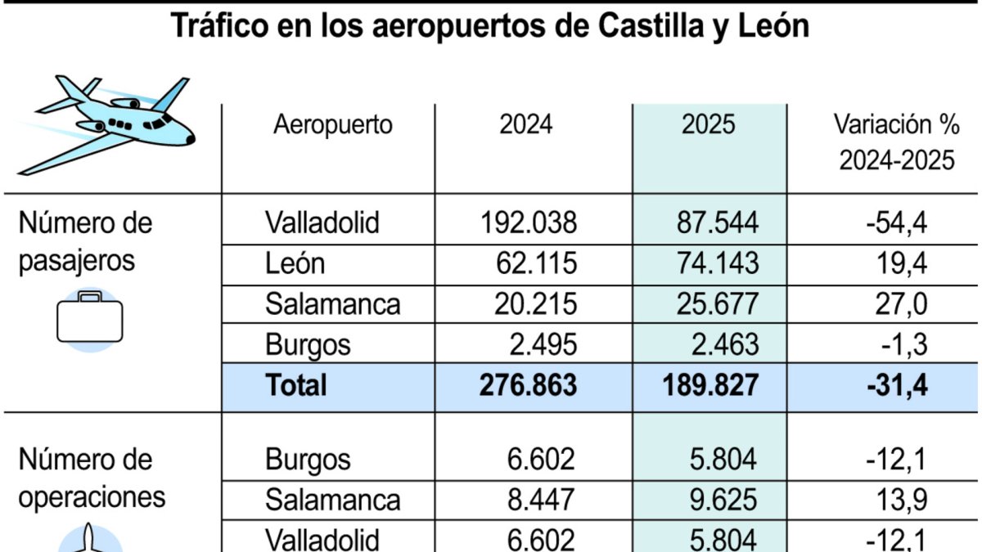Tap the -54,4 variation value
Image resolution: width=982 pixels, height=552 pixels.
(896, 222)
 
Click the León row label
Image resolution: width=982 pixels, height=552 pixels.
(295, 263)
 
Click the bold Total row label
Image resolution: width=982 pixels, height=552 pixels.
(296, 385)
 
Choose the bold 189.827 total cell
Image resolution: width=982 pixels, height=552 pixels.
(709, 385)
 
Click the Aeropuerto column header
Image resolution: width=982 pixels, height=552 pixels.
(333, 125)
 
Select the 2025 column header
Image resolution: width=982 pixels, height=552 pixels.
(709, 125)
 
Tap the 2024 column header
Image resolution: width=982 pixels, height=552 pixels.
(526, 125)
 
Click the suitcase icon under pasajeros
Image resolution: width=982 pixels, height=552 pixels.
(90, 320)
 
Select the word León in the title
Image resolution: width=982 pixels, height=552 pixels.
(772, 27)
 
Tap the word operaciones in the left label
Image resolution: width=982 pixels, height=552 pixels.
(92, 497)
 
